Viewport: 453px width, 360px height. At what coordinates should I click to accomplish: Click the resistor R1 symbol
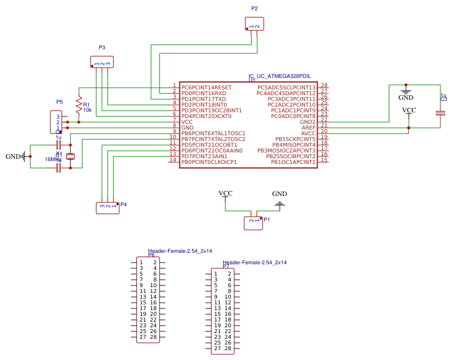click(79, 104)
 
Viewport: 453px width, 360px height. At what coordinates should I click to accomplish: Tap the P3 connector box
click(102, 61)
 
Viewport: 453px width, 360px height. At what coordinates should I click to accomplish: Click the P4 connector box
click(107, 208)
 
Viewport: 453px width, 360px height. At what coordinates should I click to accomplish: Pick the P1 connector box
click(253, 222)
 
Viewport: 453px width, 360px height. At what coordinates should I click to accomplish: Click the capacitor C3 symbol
click(440, 114)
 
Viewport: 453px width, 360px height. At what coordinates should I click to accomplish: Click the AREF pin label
click(308, 127)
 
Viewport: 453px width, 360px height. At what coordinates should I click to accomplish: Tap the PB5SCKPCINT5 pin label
click(295, 139)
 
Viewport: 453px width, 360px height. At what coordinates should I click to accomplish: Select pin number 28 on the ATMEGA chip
click(324, 85)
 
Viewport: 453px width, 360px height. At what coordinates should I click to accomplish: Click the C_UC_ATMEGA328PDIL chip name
click(280, 76)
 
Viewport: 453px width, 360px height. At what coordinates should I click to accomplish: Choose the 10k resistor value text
click(87, 110)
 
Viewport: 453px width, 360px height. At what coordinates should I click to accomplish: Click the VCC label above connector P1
click(225, 193)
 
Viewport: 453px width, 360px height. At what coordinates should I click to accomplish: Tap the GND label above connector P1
click(279, 194)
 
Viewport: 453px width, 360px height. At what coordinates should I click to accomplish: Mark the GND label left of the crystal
click(13, 156)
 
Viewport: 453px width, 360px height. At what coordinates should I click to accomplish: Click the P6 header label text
click(151, 255)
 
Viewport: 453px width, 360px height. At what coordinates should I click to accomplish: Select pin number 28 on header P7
click(228, 348)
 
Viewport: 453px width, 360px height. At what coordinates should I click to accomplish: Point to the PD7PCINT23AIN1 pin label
click(204, 156)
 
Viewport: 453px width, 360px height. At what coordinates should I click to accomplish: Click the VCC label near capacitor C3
click(409, 110)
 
